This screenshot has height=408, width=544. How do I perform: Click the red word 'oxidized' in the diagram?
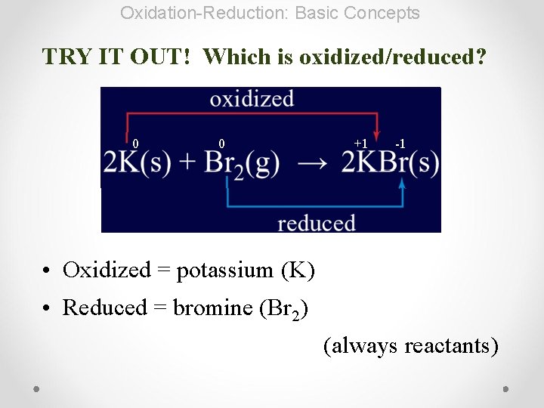click(252, 99)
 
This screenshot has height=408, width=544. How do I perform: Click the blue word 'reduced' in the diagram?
click(316, 223)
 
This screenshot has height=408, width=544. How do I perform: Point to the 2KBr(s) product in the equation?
click(390, 163)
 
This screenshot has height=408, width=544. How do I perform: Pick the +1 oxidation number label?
click(360, 144)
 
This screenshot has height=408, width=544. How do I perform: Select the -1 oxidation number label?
click(400, 144)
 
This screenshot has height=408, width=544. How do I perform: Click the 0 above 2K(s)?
click(135, 144)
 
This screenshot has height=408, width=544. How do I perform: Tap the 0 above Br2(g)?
click(221, 144)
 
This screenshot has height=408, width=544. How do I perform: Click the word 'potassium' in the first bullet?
click(224, 270)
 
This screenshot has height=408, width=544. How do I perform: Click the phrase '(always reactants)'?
click(411, 346)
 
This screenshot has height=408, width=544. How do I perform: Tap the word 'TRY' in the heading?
click(67, 57)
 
